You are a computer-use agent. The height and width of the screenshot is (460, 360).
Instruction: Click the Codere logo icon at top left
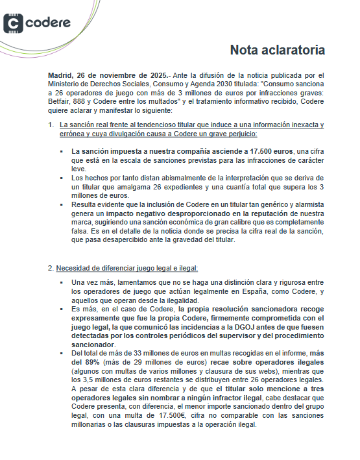click(x=14, y=23)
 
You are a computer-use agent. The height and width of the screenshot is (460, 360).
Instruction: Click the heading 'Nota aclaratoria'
click(x=278, y=50)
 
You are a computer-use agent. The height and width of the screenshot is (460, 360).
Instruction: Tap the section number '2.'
click(x=51, y=267)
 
